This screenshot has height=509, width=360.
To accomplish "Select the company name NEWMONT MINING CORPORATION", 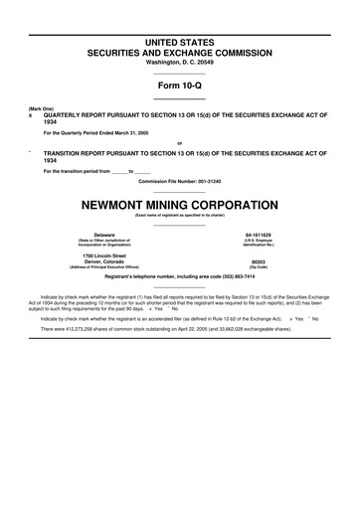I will [x=179, y=200].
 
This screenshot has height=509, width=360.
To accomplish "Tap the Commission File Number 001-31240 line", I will [x=179, y=181].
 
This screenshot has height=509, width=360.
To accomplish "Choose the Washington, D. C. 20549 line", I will [x=179, y=63].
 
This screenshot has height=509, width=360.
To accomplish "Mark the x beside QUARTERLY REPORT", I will [x=31, y=114].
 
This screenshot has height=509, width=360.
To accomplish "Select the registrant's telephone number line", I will [x=179, y=277].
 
